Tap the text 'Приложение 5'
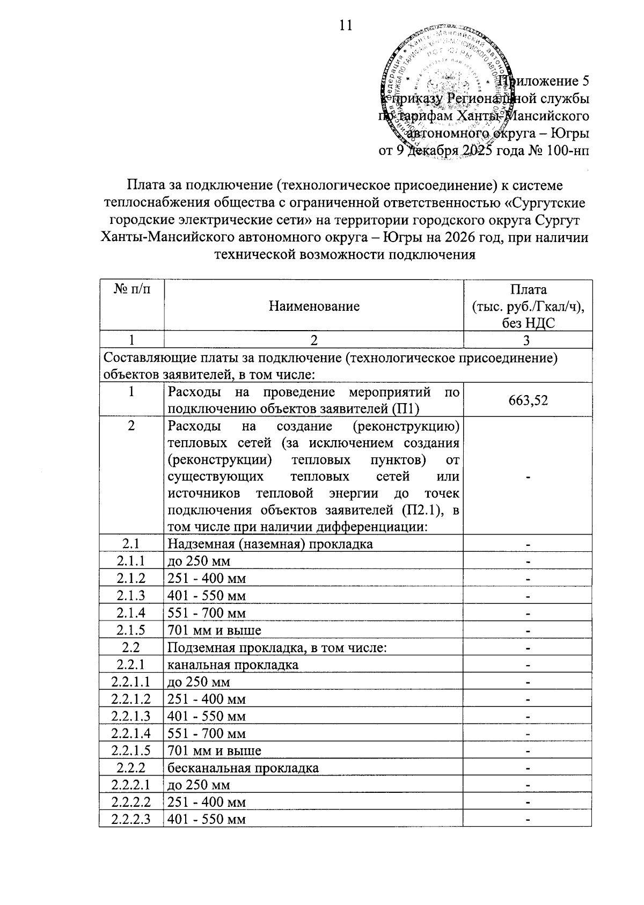pyautogui.click(x=544, y=82)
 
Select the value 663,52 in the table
pyautogui.click(x=528, y=400)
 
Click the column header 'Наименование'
pyautogui.click(x=314, y=306)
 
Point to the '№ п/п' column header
pyautogui.click(x=131, y=290)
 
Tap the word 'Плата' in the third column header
pyautogui.click(x=528, y=290)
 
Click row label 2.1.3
pyautogui.click(x=131, y=596)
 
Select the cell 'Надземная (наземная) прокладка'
pyautogui.click(x=270, y=544)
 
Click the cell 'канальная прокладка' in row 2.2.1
pyautogui.click(x=233, y=665)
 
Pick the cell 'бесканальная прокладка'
pyautogui.click(x=243, y=768)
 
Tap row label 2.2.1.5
pyautogui.click(x=131, y=751)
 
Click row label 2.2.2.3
pyautogui.click(x=131, y=820)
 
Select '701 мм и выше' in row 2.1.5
pyautogui.click(x=215, y=630)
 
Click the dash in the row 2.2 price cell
pyautogui.click(x=528, y=648)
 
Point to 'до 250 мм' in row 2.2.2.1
pyautogui.click(x=199, y=785)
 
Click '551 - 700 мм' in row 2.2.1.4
pyautogui.click(x=207, y=734)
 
